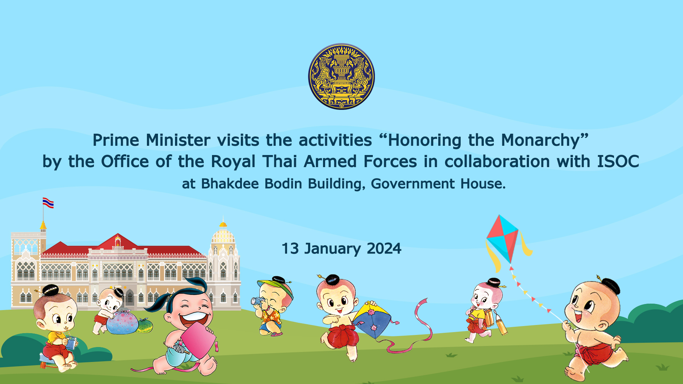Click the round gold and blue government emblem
coord(341,76)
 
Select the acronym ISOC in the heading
coord(618,161)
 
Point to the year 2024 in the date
coord(384,249)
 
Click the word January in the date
coord(332,249)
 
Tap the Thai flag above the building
coord(48,203)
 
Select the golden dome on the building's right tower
coord(223,235)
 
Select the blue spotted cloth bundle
coord(122,322)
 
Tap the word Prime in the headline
coord(116,140)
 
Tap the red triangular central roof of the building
coord(118,242)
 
